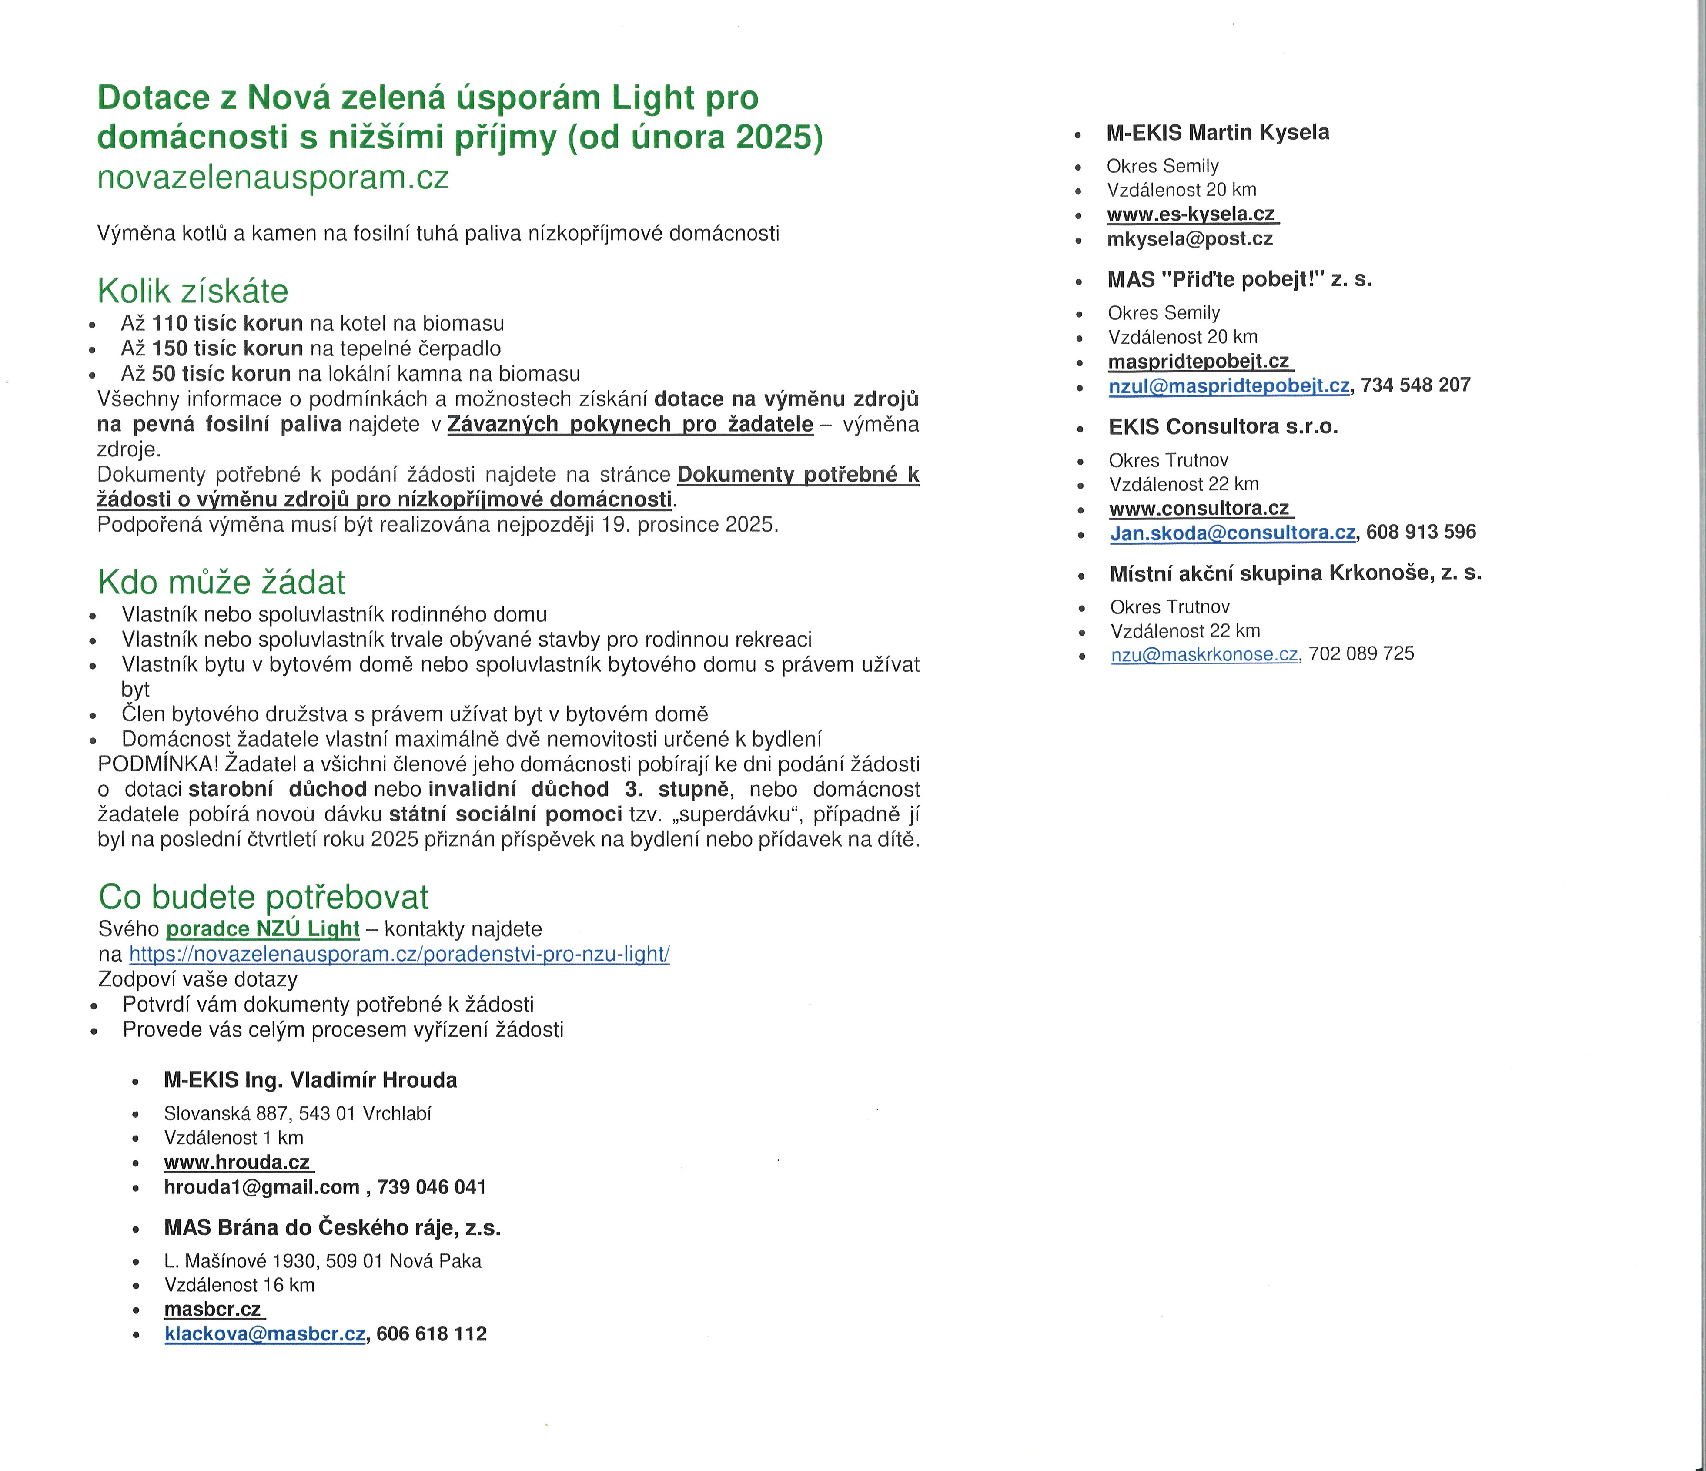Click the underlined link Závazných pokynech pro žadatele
(630, 424)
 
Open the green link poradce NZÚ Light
(263, 929)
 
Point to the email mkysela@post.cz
(1190, 239)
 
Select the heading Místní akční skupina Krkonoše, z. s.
(1295, 574)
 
